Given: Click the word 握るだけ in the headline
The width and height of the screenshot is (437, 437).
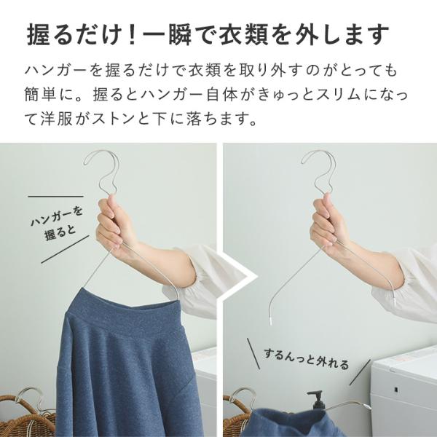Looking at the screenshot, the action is coord(72,35).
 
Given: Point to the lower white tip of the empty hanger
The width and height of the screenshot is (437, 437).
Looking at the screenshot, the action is coord(271,320).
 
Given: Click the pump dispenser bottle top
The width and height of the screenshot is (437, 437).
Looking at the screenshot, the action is coord(315,400).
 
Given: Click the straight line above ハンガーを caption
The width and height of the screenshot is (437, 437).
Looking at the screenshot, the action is coord(55,197).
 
